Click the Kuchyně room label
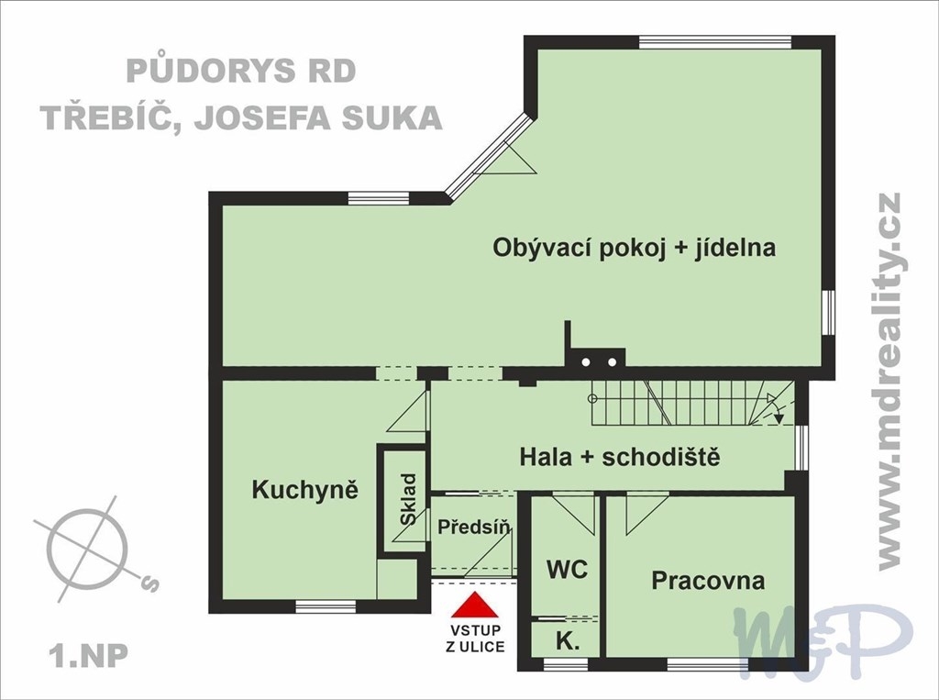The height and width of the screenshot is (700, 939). (305, 490)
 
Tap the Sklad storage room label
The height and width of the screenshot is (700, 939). (409, 499)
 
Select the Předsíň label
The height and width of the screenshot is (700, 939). (474, 527)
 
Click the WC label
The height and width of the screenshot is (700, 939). (567, 570)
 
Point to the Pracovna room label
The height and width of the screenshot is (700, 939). (708, 580)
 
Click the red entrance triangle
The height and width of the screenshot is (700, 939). (475, 605)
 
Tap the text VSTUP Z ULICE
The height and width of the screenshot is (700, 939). (475, 639)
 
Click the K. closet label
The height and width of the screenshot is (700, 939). (568, 642)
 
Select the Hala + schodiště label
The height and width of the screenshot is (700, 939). (619, 457)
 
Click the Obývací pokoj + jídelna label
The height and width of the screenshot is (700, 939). (635, 248)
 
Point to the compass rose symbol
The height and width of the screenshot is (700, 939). (90, 548)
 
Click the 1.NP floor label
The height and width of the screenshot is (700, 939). (90, 656)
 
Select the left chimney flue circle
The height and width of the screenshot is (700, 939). (586, 362)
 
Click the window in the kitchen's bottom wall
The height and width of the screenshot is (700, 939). (326, 606)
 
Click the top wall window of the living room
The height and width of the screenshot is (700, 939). (715, 42)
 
